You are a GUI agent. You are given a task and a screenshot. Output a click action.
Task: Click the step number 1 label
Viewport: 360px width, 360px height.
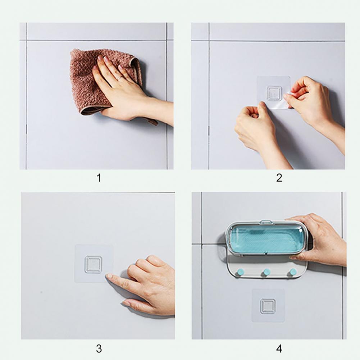tap(99, 178)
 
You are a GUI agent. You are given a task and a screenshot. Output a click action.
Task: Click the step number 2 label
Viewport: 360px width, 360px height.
tap(279, 178)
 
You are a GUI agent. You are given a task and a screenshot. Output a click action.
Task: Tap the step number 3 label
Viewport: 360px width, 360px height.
tap(99, 349)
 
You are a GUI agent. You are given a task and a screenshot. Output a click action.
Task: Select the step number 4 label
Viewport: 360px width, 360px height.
tap(279, 349)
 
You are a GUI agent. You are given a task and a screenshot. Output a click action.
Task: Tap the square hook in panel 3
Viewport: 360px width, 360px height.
tap(93, 264)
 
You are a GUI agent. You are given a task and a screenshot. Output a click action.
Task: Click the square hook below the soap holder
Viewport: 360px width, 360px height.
tap(268, 306)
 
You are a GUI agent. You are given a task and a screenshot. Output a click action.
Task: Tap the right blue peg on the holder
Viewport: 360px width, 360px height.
tap(293, 272)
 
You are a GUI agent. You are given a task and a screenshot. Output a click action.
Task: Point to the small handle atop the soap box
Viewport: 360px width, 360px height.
tap(266, 222)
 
